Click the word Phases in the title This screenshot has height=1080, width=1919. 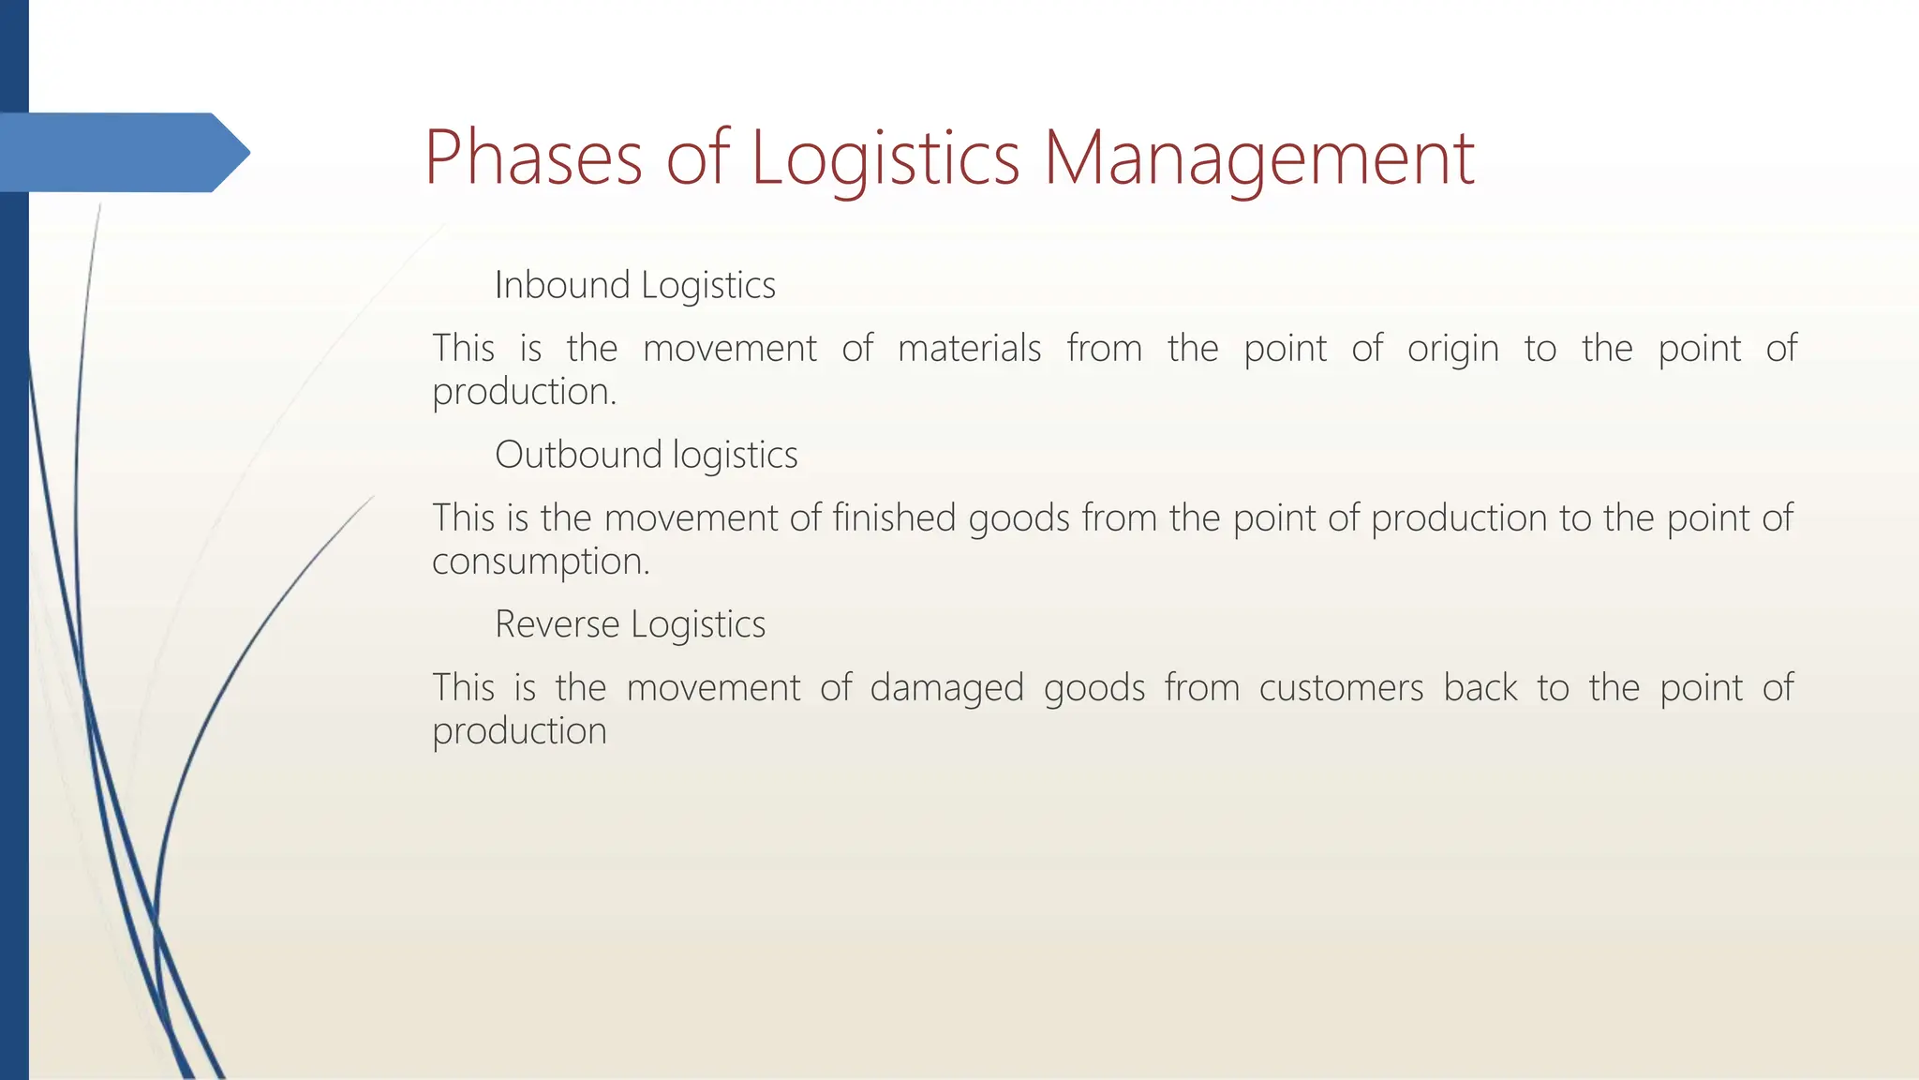pyautogui.click(x=532, y=157)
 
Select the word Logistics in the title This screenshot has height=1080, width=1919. pyautogui.click(x=885, y=157)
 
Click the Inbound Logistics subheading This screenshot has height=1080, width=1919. pyautogui.click(x=634, y=285)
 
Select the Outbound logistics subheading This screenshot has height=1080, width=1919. pyautogui.click(x=646, y=455)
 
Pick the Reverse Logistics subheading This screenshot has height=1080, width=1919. pyautogui.click(x=630, y=624)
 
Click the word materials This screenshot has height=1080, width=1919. pyautogui.click(x=969, y=348)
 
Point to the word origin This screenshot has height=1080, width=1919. pyautogui.click(x=1452, y=350)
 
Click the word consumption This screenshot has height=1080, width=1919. pyautogui.click(x=540, y=562)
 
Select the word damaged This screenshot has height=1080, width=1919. pyautogui.click(x=946, y=689)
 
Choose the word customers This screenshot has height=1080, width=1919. pyautogui.click(x=1340, y=688)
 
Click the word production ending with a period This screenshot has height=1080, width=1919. pyautogui.click(x=524, y=393)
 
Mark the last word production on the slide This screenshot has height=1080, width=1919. pyautogui.click(x=519, y=731)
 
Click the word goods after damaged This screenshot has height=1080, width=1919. pyautogui.click(x=1093, y=689)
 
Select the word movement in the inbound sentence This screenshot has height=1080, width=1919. pyautogui.click(x=729, y=349)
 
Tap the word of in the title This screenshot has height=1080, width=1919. pyautogui.click(x=697, y=157)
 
